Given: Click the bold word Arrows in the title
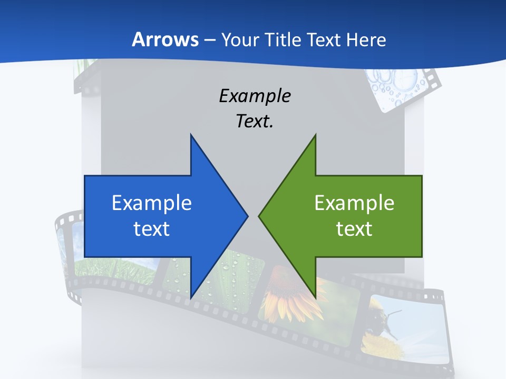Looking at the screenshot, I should (x=165, y=39).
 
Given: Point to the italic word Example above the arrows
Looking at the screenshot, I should (x=255, y=96).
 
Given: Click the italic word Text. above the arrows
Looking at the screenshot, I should (x=255, y=122).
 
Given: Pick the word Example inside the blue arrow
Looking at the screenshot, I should (x=152, y=203).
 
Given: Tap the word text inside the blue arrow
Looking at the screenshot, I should (x=152, y=228).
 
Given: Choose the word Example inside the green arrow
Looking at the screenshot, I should (x=354, y=203).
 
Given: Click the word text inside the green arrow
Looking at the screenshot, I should (x=354, y=228).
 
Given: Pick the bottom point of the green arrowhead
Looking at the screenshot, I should (x=315, y=296).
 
